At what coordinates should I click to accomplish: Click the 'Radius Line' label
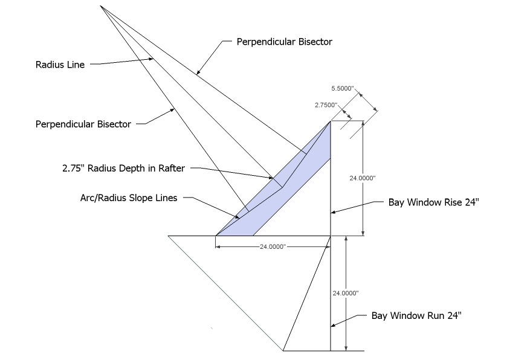tap(60, 65)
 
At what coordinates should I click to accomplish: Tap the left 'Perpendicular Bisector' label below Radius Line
tap(83, 124)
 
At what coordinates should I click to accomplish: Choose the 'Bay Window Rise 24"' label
tap(433, 203)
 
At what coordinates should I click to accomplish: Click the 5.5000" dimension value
tap(350, 88)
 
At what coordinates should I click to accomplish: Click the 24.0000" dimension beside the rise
tap(346, 178)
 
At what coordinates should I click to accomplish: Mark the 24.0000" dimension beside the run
tap(346, 293)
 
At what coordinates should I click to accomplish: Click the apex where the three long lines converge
tap(101, 6)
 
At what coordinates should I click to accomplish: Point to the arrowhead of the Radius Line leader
tap(156, 59)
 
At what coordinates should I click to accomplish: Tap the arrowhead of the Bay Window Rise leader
tap(332, 213)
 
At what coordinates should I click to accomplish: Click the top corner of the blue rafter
tap(330, 121)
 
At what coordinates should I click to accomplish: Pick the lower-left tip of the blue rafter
tap(216, 235)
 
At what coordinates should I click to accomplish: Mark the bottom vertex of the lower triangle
tap(283, 350)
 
